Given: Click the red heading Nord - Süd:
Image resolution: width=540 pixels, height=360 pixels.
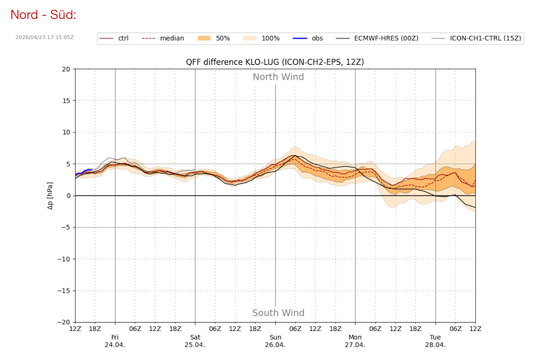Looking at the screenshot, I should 43,14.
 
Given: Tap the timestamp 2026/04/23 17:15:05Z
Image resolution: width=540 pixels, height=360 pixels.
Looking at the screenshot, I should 45,38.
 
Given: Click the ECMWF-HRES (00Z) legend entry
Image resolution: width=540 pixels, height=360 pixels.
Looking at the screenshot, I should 388,38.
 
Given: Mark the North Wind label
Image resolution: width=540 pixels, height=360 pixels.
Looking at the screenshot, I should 278,77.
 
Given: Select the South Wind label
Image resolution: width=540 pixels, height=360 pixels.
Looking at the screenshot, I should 278,313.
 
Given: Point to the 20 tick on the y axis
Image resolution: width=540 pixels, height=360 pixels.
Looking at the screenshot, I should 65,69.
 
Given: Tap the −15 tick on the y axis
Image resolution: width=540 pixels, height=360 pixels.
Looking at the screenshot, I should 63,290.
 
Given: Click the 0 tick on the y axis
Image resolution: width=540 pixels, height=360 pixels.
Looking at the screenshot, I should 67,196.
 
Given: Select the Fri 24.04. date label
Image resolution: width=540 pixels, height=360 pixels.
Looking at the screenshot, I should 115,340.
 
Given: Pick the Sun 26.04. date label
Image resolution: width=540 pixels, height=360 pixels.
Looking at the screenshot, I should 275,340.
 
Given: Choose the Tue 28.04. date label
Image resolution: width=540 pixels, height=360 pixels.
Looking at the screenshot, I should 435,340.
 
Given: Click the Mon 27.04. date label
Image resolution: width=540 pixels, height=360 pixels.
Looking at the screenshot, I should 355,340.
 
